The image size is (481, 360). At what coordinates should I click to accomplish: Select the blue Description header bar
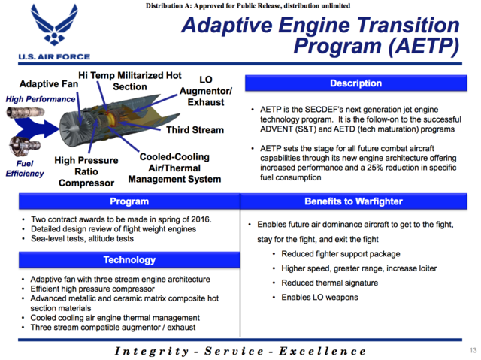pos(355,83)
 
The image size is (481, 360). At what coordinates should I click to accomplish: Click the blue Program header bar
pos(129,201)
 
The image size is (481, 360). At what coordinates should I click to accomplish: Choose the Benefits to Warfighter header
pos(355,201)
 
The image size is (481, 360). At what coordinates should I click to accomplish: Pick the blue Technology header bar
pos(129,259)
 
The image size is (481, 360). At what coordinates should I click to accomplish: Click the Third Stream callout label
pos(195,130)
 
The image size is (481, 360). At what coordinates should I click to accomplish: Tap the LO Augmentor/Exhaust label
pos(206,90)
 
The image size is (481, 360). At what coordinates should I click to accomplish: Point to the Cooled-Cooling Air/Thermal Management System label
pos(174,168)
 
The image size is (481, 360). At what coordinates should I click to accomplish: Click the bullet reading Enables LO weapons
pos(319,298)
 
